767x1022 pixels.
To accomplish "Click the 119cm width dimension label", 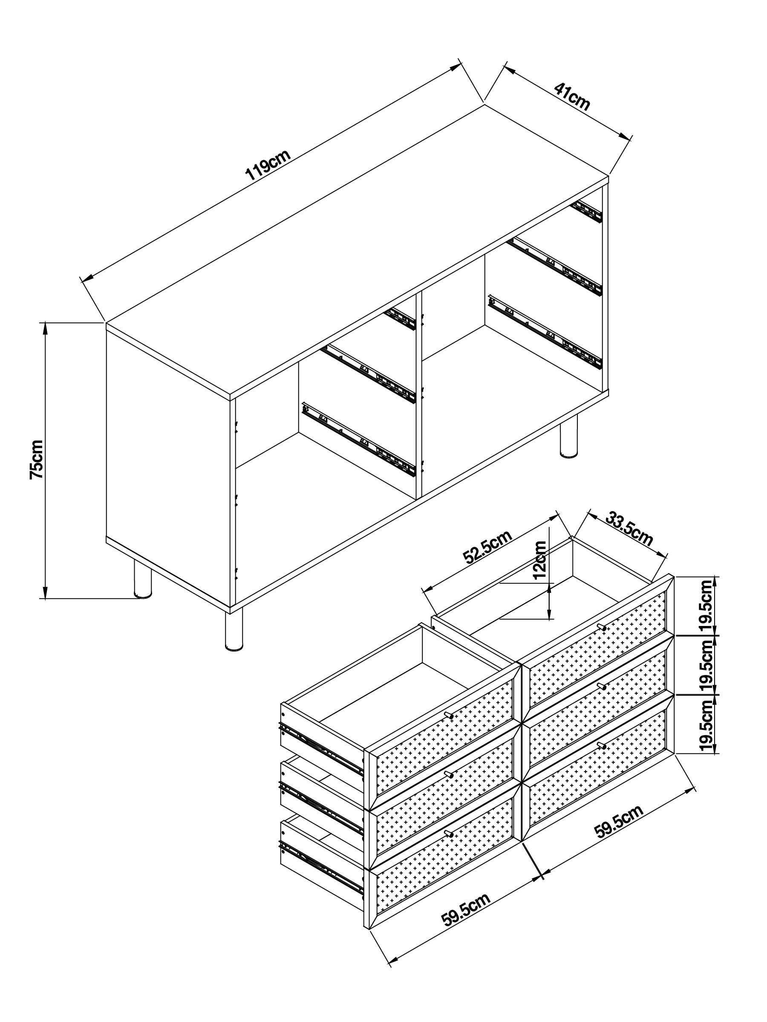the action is pyautogui.click(x=268, y=164).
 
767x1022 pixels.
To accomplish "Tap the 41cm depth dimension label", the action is pyautogui.click(x=572, y=97).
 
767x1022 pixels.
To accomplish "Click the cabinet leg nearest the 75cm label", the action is pyautogui.click(x=142, y=578).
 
